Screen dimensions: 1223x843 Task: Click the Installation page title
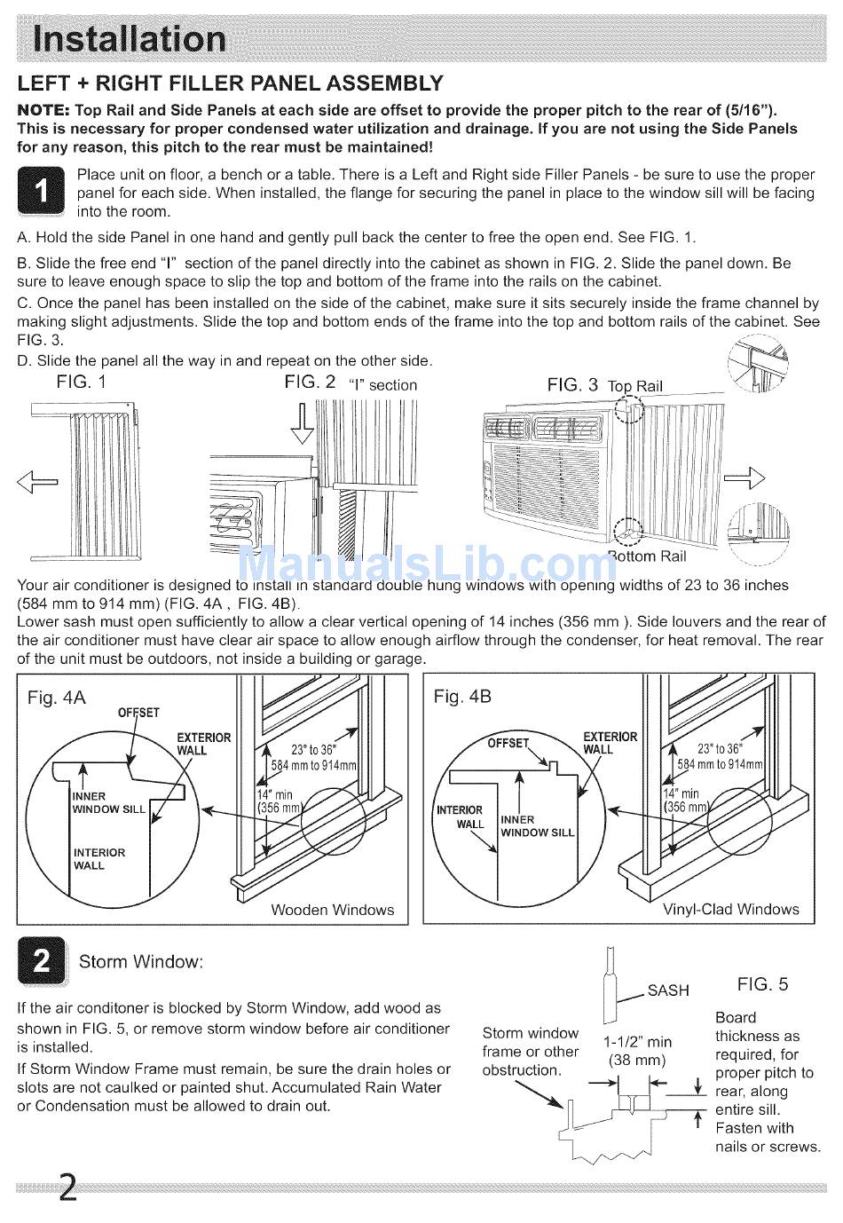pos(130,38)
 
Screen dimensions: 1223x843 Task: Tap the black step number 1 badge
pos(41,191)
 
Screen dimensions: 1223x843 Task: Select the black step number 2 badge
pos(41,961)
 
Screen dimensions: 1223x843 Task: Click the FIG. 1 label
pos(81,382)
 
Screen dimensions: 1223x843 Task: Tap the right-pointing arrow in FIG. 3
pos(744,478)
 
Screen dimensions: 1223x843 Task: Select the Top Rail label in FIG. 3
pos(634,386)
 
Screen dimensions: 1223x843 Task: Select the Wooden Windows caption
pos(332,910)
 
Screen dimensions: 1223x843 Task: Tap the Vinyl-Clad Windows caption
pos(730,910)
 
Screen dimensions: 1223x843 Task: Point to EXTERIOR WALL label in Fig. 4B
pos(610,743)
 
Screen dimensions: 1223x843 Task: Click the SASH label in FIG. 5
pos(668,990)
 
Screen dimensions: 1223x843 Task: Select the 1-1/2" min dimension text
pos(637,1042)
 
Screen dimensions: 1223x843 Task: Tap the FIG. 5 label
pos(762,984)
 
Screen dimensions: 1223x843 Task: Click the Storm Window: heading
pos(141,962)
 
